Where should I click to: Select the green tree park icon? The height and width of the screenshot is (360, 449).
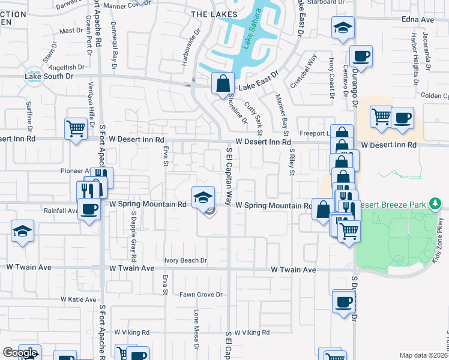pyautogui.click(x=435, y=205)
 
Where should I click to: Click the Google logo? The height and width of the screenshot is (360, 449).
pyautogui.click(x=19, y=353)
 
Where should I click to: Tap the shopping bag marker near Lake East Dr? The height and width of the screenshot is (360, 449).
pyautogui.click(x=223, y=83)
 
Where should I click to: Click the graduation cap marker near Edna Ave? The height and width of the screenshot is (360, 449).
pyautogui.click(x=343, y=28)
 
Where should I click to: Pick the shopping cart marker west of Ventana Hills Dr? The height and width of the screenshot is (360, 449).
pyautogui.click(x=76, y=128)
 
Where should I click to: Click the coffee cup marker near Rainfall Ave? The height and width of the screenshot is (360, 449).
pyautogui.click(x=89, y=209)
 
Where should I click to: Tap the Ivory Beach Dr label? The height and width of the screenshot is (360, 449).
pyautogui.click(x=186, y=260)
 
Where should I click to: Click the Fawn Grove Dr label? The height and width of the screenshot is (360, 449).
pyautogui.click(x=201, y=295)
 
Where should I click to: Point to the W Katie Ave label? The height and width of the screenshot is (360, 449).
pyautogui.click(x=79, y=299)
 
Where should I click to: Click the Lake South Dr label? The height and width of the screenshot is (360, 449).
pyautogui.click(x=49, y=76)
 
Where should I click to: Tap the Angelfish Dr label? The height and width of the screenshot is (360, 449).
pyautogui.click(x=71, y=68)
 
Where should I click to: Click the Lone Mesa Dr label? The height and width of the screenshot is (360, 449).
pyautogui.click(x=196, y=329)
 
